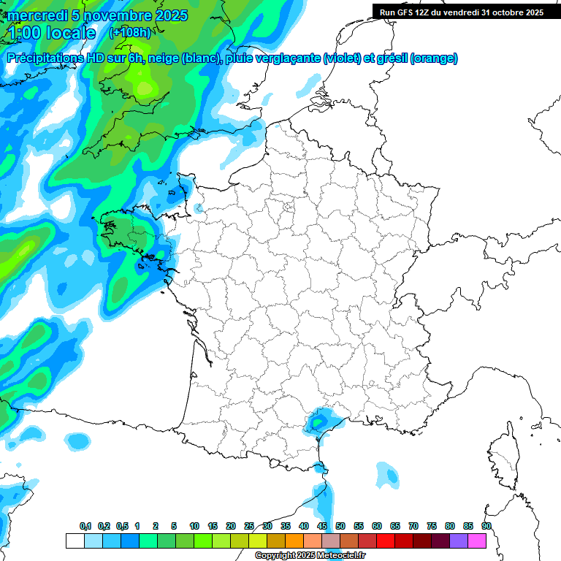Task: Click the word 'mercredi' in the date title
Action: pyautogui.click(x=35, y=15)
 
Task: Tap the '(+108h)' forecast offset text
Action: pyautogui.click(x=129, y=33)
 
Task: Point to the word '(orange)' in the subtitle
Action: pyautogui.click(x=434, y=58)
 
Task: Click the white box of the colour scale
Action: pyautogui.click(x=75, y=541)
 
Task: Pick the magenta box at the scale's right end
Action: pyautogui.click(x=477, y=541)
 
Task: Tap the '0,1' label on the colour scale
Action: pyautogui.click(x=85, y=527)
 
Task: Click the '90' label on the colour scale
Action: pyautogui.click(x=486, y=527)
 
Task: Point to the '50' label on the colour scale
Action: pyautogui.click(x=340, y=527)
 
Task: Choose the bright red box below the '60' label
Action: pyautogui.click(x=386, y=541)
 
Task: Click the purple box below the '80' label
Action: pyautogui.click(x=459, y=541)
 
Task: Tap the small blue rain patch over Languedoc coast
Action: pyautogui.click(x=319, y=421)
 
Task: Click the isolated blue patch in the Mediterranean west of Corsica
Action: pyautogui.click(x=387, y=476)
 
